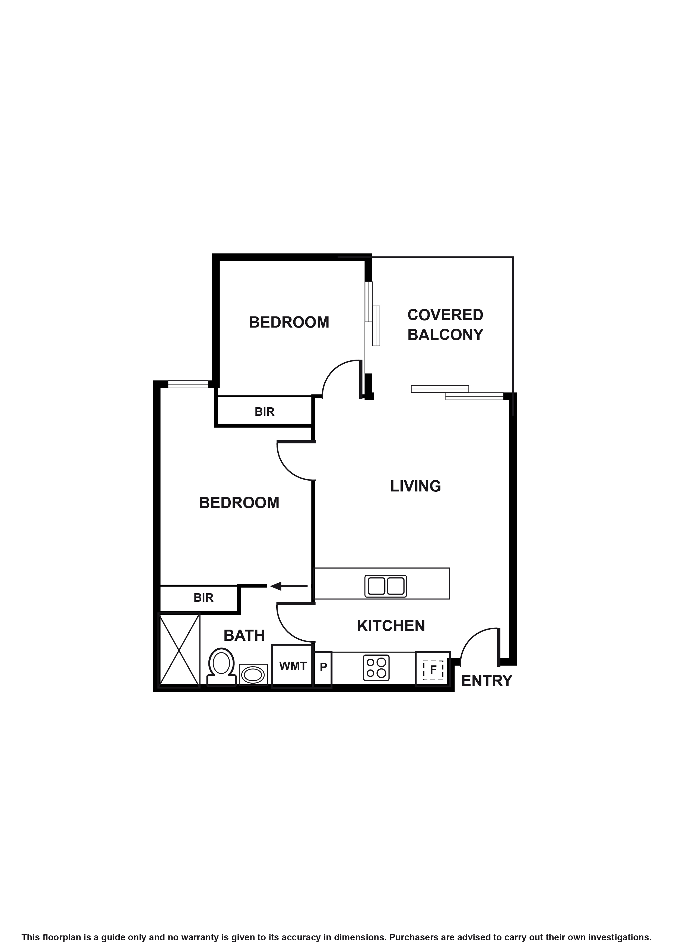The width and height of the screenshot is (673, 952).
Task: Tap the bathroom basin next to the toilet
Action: tap(253, 675)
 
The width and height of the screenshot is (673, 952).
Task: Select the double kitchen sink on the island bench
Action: tap(385, 586)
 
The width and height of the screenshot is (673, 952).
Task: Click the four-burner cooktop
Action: tap(376, 668)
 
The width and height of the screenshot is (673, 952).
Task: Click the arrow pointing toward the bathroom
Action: tap(288, 586)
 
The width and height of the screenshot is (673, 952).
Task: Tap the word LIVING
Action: tap(415, 486)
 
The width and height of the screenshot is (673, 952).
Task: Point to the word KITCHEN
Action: tap(391, 626)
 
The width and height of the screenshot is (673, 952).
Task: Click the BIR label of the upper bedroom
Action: tap(265, 412)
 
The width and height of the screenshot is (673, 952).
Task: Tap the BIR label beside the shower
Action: tap(203, 598)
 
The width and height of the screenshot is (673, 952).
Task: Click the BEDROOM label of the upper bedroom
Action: tap(289, 322)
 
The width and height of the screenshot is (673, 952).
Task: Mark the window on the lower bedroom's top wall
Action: tap(188, 384)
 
